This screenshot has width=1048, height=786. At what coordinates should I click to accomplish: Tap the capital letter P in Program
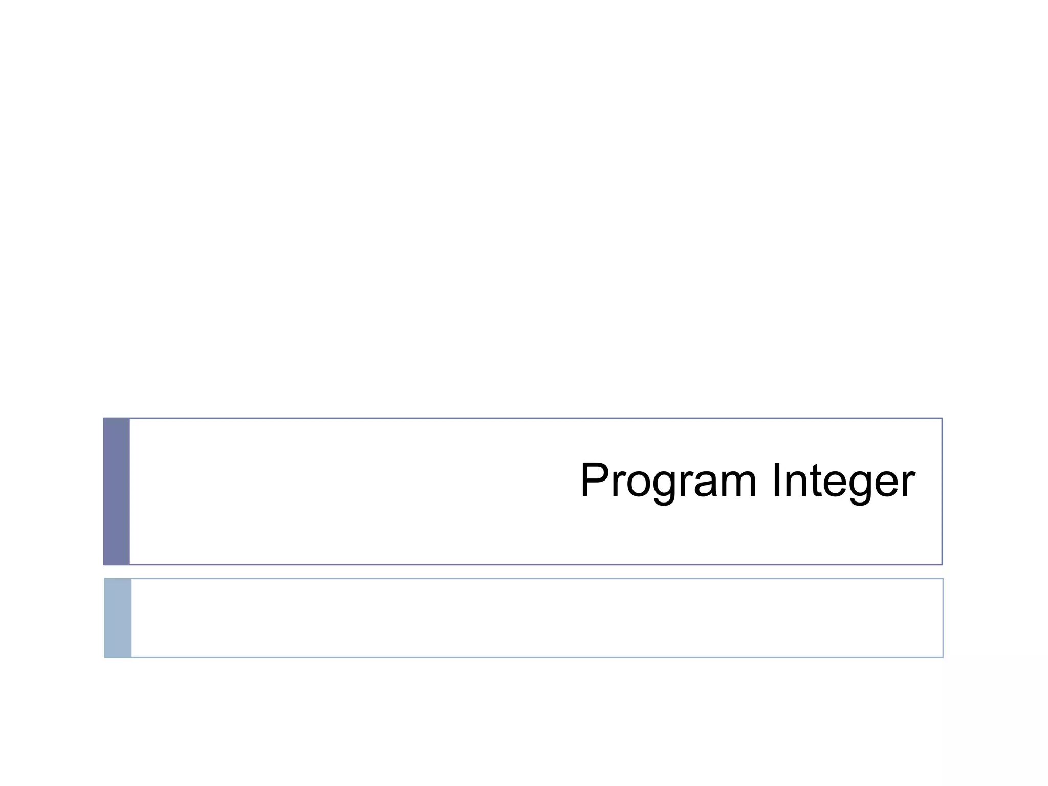(594, 479)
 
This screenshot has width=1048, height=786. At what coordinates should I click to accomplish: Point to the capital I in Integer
(777, 479)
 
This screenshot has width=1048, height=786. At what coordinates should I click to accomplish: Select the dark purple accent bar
(117, 491)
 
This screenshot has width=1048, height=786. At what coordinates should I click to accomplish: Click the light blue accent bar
(118, 618)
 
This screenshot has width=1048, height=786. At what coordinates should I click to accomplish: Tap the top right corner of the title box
(942, 419)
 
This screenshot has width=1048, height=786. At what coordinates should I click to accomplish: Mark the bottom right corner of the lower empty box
(943, 657)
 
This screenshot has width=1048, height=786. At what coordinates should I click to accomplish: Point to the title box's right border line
(942, 491)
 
